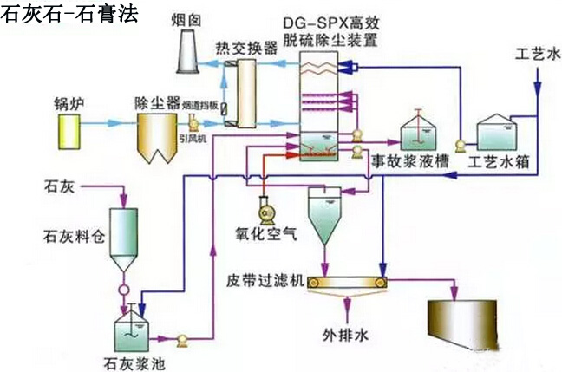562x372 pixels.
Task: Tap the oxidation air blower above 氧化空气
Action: (264, 209)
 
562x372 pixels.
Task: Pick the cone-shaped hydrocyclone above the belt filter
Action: (326, 212)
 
